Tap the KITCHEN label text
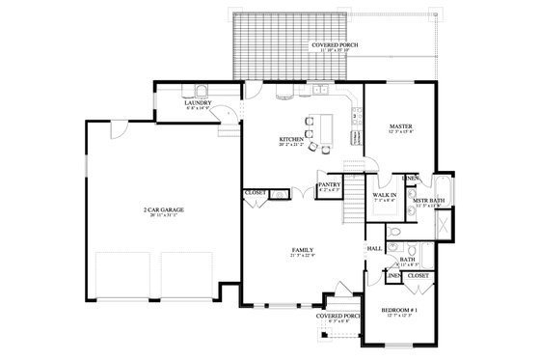tap(292, 139)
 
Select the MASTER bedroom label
tap(400, 126)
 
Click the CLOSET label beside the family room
tap(256, 193)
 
